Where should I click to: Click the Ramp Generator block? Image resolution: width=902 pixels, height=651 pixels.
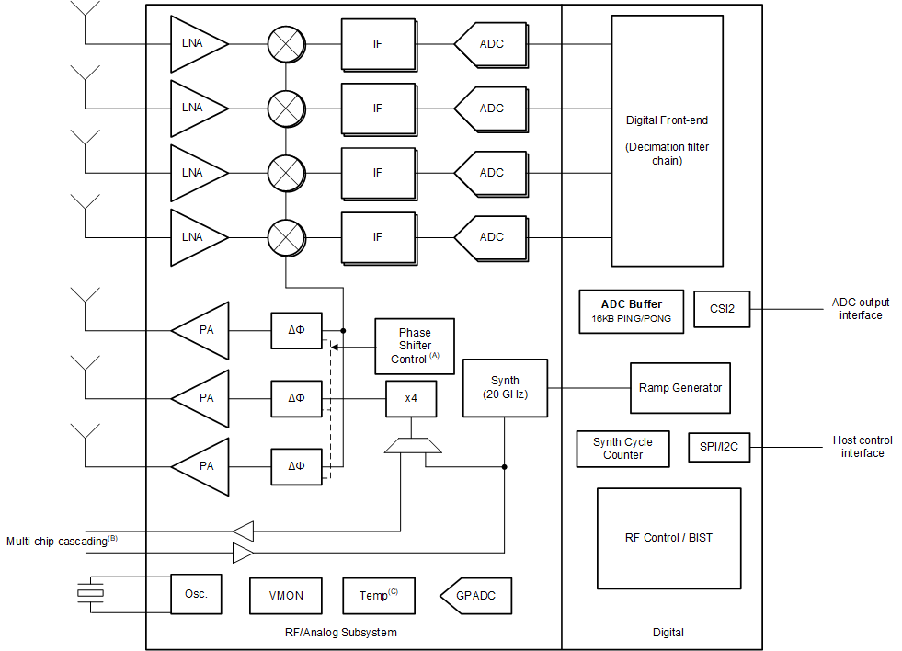point(679,387)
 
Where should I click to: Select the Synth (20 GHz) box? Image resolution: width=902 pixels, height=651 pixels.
point(505,387)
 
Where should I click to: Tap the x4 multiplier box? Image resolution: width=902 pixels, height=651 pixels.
point(411,399)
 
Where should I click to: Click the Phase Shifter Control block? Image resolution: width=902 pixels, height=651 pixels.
point(415,346)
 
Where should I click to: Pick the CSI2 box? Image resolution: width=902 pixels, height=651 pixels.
point(722,309)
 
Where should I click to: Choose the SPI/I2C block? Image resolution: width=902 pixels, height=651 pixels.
point(719,448)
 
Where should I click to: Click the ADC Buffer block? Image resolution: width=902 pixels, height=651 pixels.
point(631,311)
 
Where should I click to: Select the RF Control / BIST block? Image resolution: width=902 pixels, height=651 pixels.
point(668,538)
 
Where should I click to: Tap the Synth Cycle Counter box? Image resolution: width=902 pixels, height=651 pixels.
point(622,449)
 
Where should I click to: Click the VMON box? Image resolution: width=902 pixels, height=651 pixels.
point(286,595)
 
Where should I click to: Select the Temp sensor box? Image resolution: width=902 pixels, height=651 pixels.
point(378,595)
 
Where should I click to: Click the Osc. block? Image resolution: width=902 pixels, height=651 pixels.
point(196,594)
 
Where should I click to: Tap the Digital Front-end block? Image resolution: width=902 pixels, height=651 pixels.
point(667,140)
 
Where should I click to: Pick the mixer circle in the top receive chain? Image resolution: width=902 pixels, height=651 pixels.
point(286,43)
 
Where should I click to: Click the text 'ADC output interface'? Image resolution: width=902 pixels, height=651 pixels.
point(860,309)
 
